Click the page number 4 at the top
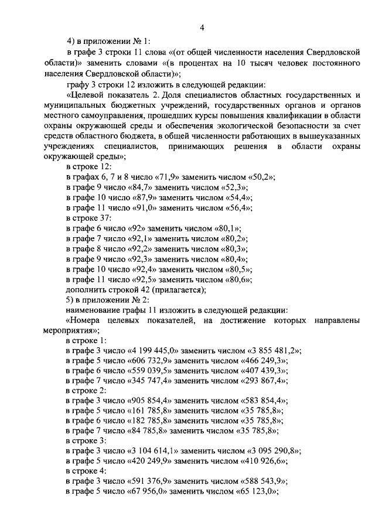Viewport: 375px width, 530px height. (202, 27)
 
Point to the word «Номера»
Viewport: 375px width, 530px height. (86, 320)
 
